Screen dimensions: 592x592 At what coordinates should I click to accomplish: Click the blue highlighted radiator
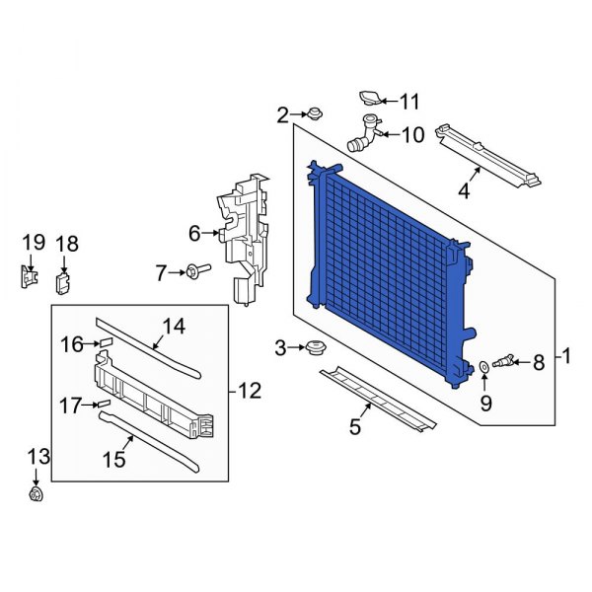click(390, 266)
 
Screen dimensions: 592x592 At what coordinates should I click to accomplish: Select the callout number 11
click(409, 101)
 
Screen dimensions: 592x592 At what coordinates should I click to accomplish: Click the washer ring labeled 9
click(484, 368)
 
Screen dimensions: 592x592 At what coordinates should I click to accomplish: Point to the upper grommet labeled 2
click(315, 113)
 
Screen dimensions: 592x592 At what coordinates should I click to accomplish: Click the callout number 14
click(174, 325)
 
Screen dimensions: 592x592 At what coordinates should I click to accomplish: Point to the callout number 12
click(250, 392)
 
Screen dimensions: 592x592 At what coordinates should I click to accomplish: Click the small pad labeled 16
click(104, 343)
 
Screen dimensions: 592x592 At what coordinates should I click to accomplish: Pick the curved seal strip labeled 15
click(148, 439)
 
